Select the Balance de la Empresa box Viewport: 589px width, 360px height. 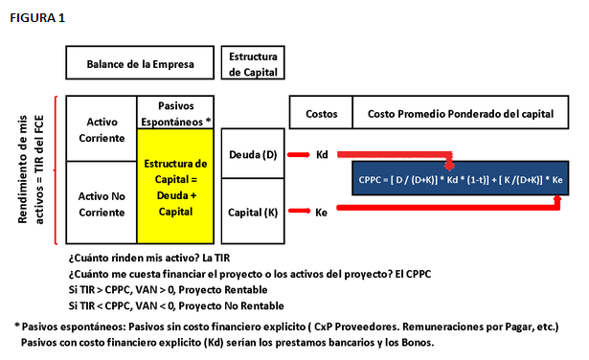click(x=140, y=65)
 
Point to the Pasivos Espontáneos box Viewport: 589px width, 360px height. click(x=175, y=112)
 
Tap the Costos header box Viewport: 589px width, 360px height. click(x=322, y=114)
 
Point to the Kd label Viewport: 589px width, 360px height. click(x=323, y=154)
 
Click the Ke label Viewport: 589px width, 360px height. click(x=323, y=212)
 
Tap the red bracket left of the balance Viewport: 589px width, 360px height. click(x=58, y=169)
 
